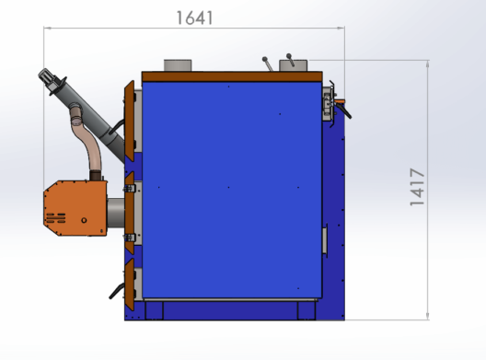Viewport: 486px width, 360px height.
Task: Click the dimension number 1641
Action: click(194, 18)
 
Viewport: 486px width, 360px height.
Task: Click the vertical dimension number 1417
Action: click(417, 187)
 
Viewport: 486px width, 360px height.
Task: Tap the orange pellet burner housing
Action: click(75, 208)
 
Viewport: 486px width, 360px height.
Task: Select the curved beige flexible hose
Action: click(86, 140)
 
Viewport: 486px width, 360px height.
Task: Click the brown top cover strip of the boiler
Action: click(232, 76)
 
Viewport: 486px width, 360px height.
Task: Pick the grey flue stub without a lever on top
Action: click(178, 65)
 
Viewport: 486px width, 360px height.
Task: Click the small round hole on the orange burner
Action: click(84, 220)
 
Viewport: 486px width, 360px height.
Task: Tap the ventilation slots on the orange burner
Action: click(56, 217)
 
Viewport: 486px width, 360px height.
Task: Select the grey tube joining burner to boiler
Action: click(116, 213)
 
